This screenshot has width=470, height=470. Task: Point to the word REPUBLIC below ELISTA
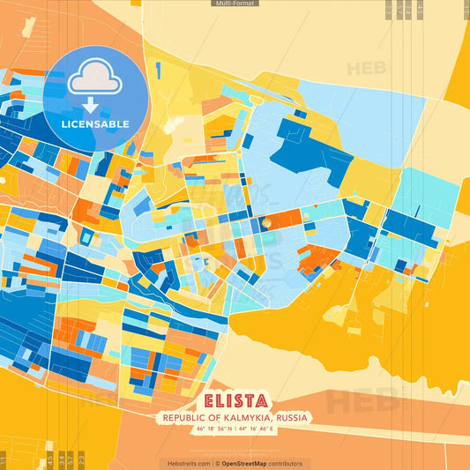pyautogui.click(x=181, y=417)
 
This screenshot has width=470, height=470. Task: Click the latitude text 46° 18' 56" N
pyautogui.click(x=213, y=429)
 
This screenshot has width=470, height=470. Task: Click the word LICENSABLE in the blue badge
pyautogui.click(x=95, y=123)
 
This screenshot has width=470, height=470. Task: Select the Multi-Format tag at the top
pyautogui.click(x=235, y=4)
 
